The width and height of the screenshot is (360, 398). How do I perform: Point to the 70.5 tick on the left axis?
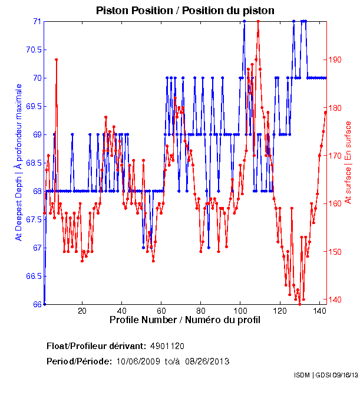click(33, 50)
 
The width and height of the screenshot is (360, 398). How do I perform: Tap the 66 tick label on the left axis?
click(37, 304)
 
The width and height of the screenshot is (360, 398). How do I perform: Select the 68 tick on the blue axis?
click(37, 191)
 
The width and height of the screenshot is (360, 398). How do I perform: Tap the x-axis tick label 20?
click(82, 311)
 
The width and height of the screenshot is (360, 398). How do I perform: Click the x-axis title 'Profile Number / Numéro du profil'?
click(184, 320)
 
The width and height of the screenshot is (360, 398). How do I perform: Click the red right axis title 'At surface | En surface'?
click(348, 162)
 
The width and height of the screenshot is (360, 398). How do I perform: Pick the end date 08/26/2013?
click(207, 361)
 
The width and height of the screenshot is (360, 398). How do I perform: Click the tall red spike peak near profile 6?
click(56, 60)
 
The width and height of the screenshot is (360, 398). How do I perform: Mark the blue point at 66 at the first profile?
click(45, 304)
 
